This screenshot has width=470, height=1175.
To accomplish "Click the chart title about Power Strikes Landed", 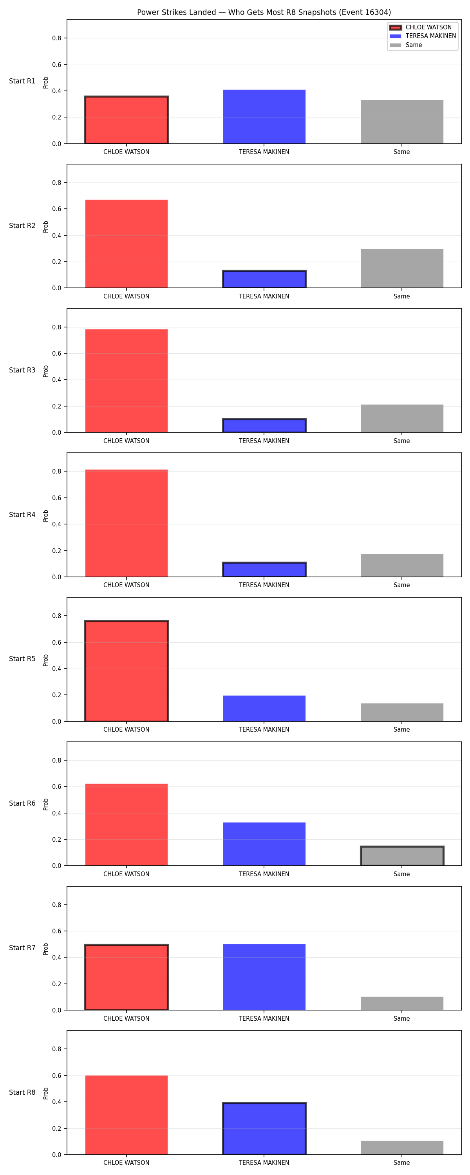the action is (x=264, y=12).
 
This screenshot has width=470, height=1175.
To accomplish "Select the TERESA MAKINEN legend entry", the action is (x=423, y=36).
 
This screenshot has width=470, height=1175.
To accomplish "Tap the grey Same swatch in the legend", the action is (x=396, y=45).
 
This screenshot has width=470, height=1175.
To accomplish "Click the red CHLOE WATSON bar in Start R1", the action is (x=127, y=120).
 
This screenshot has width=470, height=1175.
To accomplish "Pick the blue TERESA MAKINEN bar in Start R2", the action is (x=264, y=279).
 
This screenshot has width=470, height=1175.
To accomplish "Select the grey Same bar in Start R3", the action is (x=402, y=418).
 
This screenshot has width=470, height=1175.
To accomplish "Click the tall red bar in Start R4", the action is (x=127, y=523).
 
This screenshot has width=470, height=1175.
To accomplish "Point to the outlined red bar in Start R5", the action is (x=127, y=671).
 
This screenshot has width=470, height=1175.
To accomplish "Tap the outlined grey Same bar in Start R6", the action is (x=402, y=856).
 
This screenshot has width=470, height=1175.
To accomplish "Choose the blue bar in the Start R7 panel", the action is (x=264, y=977).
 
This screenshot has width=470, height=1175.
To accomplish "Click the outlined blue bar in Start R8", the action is (x=264, y=1128).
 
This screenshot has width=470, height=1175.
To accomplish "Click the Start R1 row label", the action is (x=22, y=81).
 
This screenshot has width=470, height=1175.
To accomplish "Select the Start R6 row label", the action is (x=22, y=803).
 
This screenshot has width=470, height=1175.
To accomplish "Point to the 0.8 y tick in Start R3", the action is (x=56, y=327).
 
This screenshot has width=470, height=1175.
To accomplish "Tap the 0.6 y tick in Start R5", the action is (x=56, y=642).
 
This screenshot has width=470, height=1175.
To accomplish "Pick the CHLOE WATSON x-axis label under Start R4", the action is (x=127, y=585).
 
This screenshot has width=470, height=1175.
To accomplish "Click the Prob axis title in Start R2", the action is (x=46, y=227).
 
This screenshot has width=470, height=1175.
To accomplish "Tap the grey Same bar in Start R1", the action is (x=402, y=122).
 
